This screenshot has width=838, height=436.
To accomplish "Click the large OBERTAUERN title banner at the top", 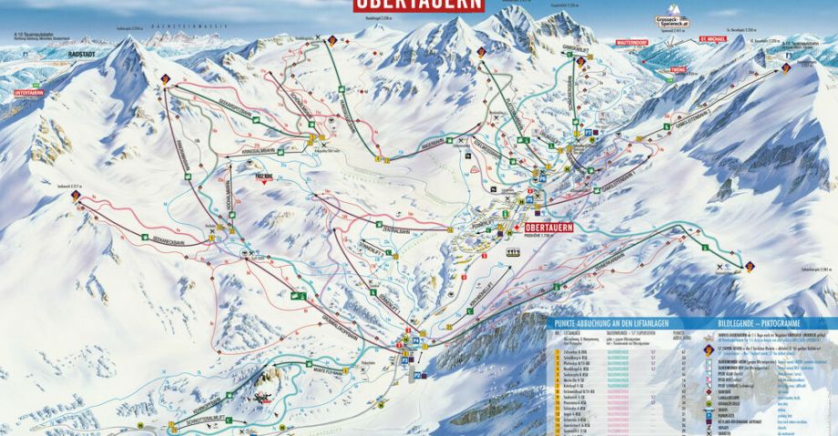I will (419, 5).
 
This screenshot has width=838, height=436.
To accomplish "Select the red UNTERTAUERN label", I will (28, 93).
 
